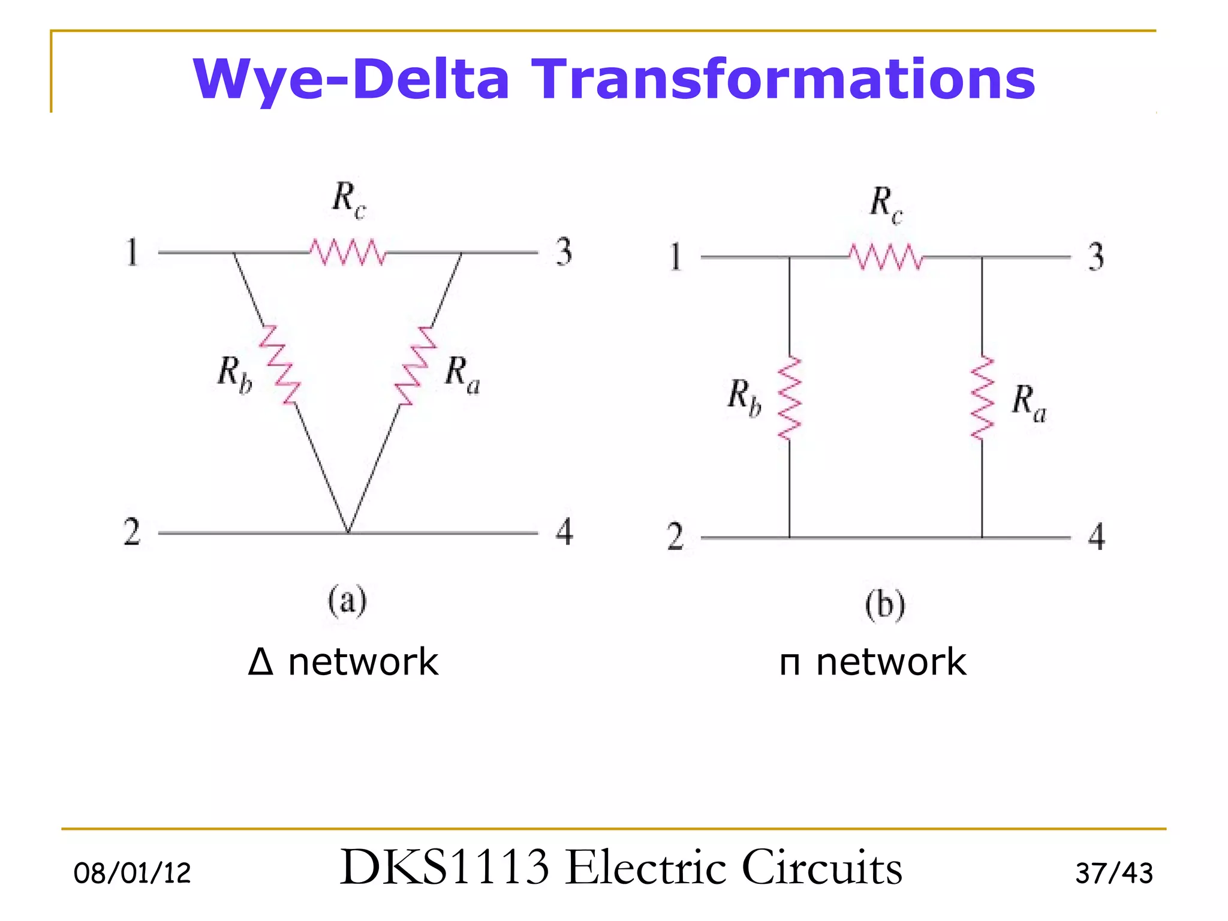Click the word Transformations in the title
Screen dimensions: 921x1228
click(x=783, y=79)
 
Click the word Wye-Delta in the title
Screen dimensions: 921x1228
click(x=351, y=79)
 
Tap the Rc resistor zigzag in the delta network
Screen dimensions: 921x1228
click(x=348, y=252)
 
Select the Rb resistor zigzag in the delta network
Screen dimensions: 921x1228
click(x=279, y=365)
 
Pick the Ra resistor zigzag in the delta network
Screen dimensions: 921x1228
click(x=416, y=366)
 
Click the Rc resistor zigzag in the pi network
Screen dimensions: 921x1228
click(x=886, y=257)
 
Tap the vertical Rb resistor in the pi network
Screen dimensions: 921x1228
click(x=789, y=398)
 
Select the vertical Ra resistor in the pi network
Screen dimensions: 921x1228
click(x=982, y=398)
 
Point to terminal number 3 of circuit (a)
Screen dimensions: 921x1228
click(x=564, y=252)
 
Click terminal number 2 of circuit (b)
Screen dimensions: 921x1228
click(x=675, y=536)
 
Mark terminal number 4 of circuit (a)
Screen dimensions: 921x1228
click(x=564, y=532)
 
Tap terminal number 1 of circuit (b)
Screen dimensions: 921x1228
click(x=676, y=257)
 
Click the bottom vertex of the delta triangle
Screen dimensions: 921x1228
click(x=348, y=531)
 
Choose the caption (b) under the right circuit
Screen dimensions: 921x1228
click(x=885, y=605)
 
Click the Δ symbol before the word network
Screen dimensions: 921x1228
click(x=261, y=663)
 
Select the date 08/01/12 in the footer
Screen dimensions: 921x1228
click(x=132, y=873)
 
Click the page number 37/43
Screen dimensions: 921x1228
click(x=1114, y=873)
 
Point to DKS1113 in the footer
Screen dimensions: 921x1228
click(x=444, y=867)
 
